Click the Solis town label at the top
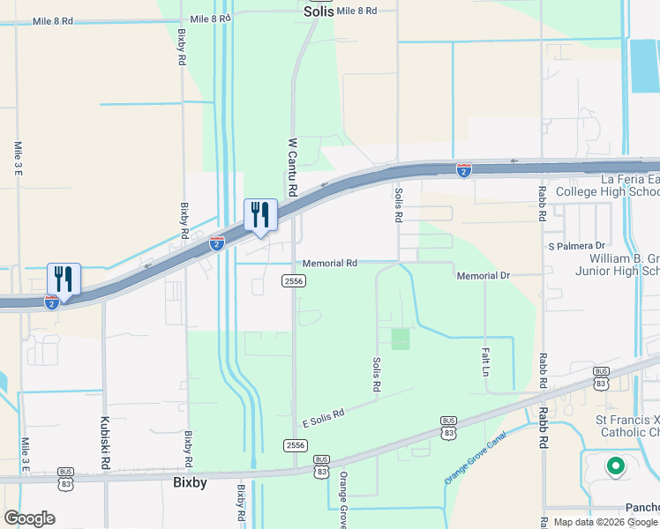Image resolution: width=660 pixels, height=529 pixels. tap(319, 11)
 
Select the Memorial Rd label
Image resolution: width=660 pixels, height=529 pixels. tap(329, 264)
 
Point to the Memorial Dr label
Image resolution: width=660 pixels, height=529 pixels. tap(484, 276)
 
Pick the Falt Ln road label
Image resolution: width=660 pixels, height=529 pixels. tap(485, 361)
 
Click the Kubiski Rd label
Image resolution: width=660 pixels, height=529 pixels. tap(105, 443)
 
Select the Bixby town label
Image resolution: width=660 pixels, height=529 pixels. tap(189, 483)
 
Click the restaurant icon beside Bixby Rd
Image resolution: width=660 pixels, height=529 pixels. tap(260, 214)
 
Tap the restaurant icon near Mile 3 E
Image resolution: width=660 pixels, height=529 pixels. tap(64, 279)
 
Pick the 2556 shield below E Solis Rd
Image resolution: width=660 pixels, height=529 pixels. tap(295, 445)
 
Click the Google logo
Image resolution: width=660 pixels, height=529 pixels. tap(29, 518)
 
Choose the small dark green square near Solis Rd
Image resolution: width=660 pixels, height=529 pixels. tap(401, 339)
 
